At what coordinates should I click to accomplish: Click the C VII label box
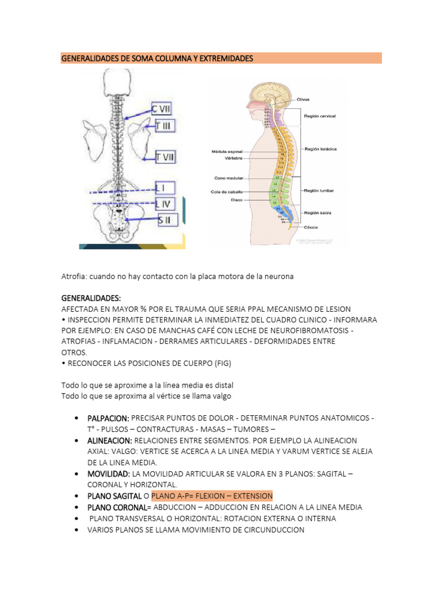(x=161, y=109)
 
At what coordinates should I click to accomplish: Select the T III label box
(x=165, y=126)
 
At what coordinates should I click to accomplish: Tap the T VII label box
(x=165, y=156)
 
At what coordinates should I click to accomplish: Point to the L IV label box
(x=165, y=203)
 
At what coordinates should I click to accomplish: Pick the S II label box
(x=167, y=219)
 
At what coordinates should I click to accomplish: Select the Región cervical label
(x=320, y=116)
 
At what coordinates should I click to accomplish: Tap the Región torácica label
(x=321, y=148)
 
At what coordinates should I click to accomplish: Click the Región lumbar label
(x=319, y=190)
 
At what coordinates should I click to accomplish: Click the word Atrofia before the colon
(x=74, y=276)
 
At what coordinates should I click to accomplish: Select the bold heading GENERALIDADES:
(x=91, y=299)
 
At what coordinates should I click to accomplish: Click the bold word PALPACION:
(x=109, y=418)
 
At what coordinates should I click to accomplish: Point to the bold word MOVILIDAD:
(x=109, y=473)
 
